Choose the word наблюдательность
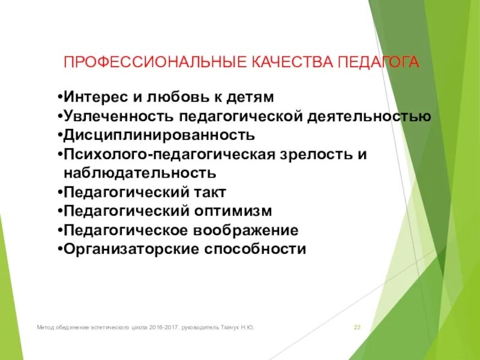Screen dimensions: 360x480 [139, 173]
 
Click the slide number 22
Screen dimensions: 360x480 [357, 328]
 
